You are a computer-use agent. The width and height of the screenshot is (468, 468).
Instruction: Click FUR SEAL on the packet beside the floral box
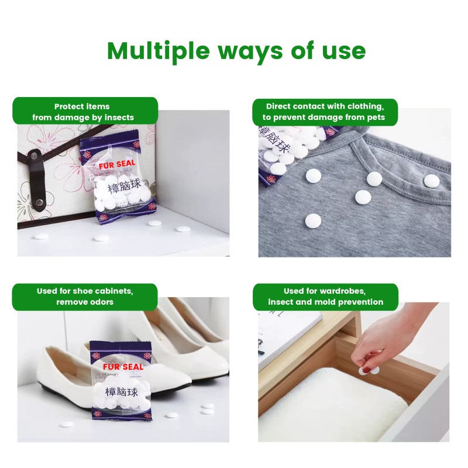click(118, 166)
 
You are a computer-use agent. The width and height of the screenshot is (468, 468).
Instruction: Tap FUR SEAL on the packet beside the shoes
click(123, 367)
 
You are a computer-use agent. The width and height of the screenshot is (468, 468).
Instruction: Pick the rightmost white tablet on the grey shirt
click(431, 181)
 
